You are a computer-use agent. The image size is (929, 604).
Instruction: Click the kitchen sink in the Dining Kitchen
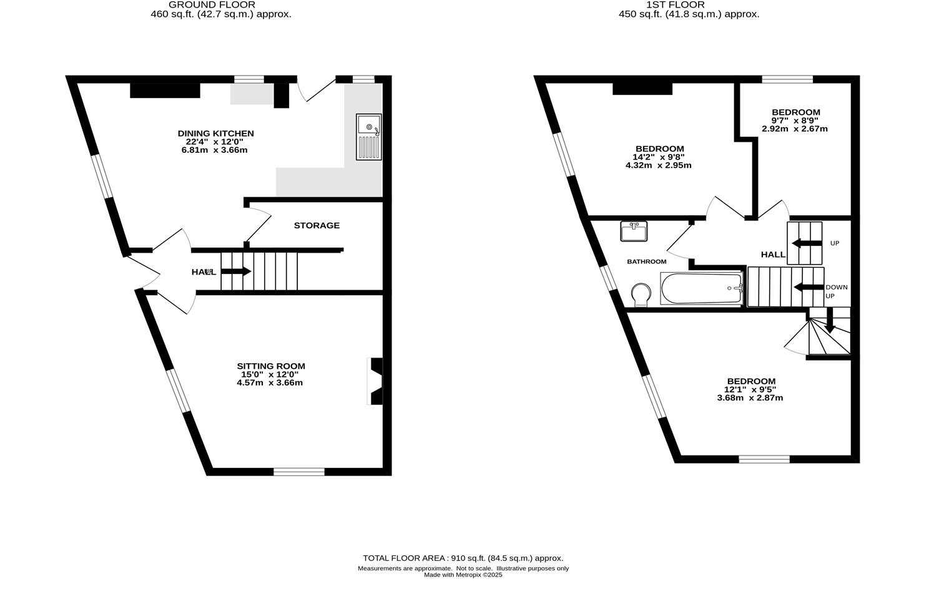click(x=368, y=137)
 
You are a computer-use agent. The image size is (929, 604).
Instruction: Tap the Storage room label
click(x=317, y=225)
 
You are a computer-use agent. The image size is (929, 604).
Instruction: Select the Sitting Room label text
click(x=271, y=366)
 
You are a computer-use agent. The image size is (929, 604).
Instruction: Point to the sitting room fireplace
click(x=376, y=381)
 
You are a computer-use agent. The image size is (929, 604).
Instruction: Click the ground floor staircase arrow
click(x=235, y=271)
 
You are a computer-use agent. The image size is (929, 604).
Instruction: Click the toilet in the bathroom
click(x=641, y=295)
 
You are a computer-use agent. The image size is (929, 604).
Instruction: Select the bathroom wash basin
click(x=634, y=231)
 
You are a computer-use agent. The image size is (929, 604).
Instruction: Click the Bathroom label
click(x=647, y=261)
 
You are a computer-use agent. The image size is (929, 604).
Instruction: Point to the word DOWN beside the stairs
click(x=837, y=287)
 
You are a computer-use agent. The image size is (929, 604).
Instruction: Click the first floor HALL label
click(x=773, y=255)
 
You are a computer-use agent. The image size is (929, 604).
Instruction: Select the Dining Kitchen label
click(x=216, y=134)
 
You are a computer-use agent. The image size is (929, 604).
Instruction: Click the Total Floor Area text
click(x=463, y=558)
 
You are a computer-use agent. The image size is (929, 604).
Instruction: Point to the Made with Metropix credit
click(x=463, y=575)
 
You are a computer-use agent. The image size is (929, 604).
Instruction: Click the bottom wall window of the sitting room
click(x=299, y=471)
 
